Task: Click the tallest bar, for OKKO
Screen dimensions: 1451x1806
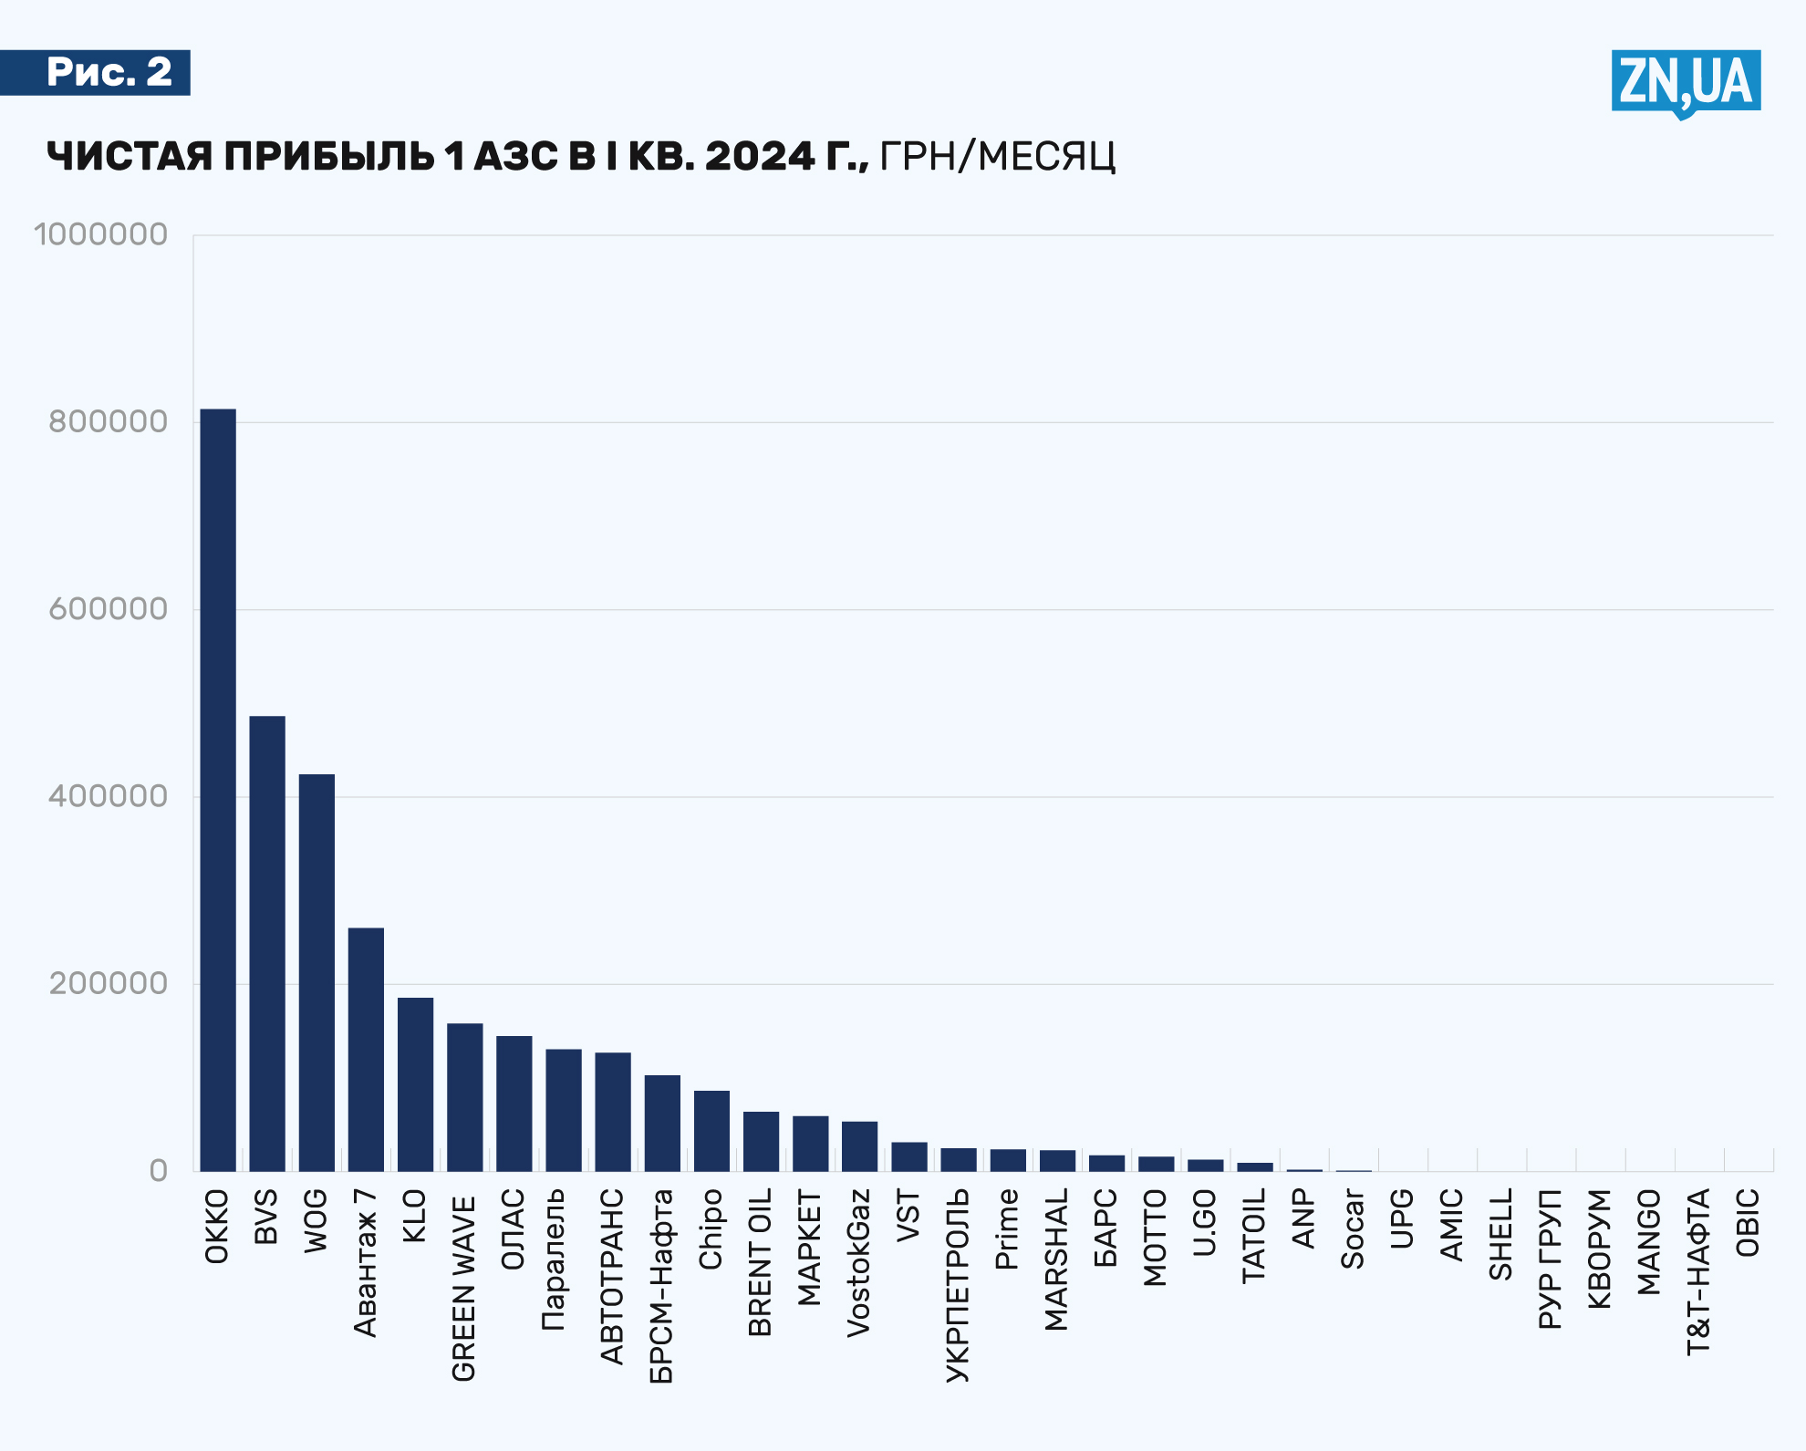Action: click(218, 790)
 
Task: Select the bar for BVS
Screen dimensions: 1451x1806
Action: click(267, 943)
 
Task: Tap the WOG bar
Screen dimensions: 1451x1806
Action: click(317, 972)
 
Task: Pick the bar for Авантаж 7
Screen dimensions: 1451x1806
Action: click(366, 1049)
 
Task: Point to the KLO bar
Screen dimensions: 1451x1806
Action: click(415, 1084)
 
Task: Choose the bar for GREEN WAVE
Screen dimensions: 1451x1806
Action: click(464, 1097)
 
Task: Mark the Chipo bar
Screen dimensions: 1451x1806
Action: click(711, 1131)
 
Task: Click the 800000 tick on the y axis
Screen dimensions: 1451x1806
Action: click(108, 421)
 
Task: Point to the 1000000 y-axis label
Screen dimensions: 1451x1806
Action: click(100, 234)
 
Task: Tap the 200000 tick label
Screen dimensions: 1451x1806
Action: click(108, 983)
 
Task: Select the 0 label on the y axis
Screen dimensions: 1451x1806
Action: click(158, 1171)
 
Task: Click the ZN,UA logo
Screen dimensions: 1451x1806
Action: click(1686, 82)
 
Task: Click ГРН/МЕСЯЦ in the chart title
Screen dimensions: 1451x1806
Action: click(997, 156)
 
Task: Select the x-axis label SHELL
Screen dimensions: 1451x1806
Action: click(1501, 1234)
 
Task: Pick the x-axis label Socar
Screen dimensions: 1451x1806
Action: click(1353, 1228)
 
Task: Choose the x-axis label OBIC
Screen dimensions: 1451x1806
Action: click(1748, 1222)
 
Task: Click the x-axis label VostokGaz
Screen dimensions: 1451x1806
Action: click(859, 1263)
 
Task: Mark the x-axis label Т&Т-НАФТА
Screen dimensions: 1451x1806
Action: click(1698, 1271)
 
